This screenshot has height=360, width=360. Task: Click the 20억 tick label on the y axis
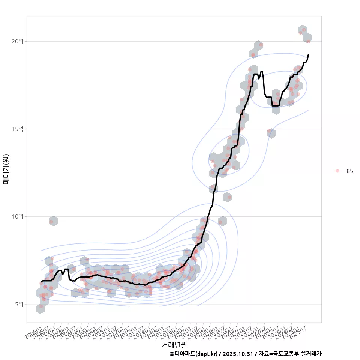point(17,41)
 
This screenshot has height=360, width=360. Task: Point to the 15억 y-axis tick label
point(17,129)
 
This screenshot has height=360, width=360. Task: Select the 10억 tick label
point(17,216)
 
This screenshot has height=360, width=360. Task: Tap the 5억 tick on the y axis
point(18,304)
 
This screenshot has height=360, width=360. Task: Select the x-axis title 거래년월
point(174,344)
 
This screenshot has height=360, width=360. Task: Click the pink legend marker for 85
point(337,171)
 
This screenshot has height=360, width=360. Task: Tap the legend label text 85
point(349,171)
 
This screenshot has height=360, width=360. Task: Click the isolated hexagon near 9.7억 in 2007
point(53,221)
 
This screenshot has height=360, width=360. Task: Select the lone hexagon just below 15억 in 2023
point(271,133)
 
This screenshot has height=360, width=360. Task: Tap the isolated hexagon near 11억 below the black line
point(227,196)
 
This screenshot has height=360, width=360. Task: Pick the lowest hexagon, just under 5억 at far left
point(40,308)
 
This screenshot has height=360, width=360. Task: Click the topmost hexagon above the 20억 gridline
point(303,30)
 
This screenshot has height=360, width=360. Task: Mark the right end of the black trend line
point(308,55)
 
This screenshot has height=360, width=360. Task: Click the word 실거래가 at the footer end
point(311,354)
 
